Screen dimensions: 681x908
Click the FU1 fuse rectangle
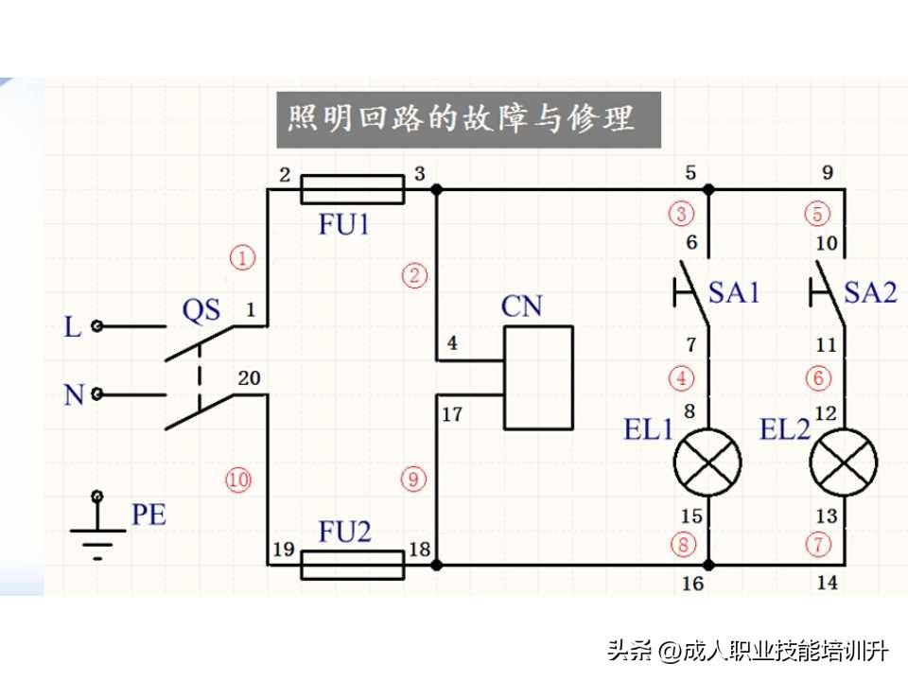click(x=352, y=189)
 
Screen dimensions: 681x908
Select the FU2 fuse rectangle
click(x=352, y=566)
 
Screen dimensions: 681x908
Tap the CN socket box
click(x=538, y=378)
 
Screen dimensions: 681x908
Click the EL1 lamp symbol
click(x=707, y=463)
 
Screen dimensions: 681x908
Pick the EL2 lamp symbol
click(x=842, y=463)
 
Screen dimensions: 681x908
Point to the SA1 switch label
click(x=734, y=292)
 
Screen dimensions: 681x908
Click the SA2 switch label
click(x=869, y=292)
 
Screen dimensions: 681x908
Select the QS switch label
click(x=201, y=310)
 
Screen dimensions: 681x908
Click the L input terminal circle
click(x=96, y=327)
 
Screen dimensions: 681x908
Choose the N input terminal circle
click(x=96, y=393)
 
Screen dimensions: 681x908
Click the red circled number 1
click(x=243, y=257)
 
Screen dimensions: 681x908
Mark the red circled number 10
click(x=238, y=480)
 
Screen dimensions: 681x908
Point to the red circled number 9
click(x=413, y=480)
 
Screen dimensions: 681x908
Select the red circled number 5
click(x=816, y=214)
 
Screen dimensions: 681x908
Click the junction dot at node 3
click(x=436, y=189)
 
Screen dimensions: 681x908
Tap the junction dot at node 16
click(x=707, y=566)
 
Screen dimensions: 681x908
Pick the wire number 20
click(x=249, y=378)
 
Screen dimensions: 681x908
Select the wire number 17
click(x=452, y=414)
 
